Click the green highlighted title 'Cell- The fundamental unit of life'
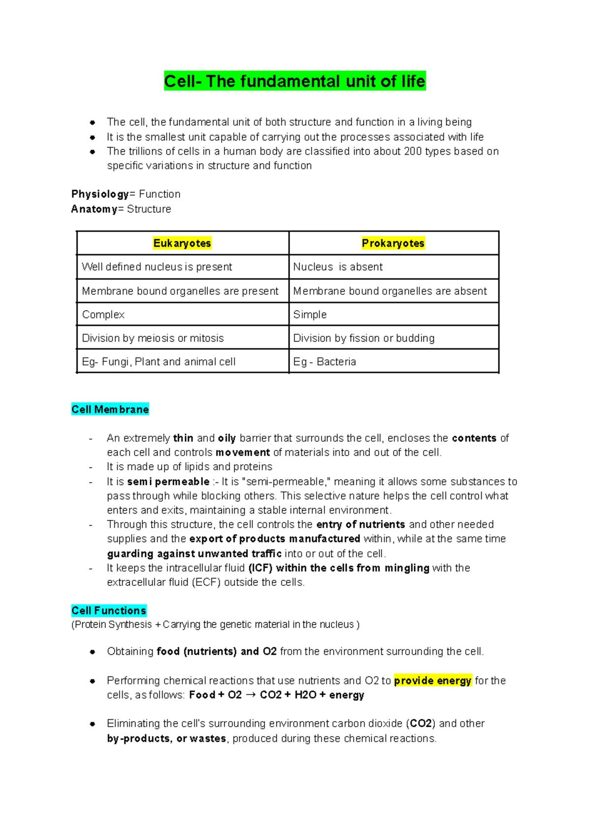click(x=295, y=81)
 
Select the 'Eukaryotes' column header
click(x=182, y=243)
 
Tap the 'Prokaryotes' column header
click(x=393, y=243)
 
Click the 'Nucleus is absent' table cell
click(x=338, y=267)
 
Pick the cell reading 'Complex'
click(x=103, y=315)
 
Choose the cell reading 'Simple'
click(x=310, y=315)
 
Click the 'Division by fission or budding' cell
click(x=364, y=338)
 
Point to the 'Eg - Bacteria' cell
click(x=325, y=362)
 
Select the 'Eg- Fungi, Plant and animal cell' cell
click(x=159, y=362)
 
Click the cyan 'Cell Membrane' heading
click(x=110, y=410)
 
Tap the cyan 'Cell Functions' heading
click(x=109, y=611)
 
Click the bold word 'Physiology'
click(x=100, y=194)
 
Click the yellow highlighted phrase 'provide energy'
click(x=433, y=681)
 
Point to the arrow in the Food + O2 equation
click(x=251, y=695)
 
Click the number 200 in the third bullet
click(x=412, y=152)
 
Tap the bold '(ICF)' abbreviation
click(x=261, y=568)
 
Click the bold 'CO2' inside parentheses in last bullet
click(x=421, y=724)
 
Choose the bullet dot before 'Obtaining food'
click(x=92, y=652)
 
